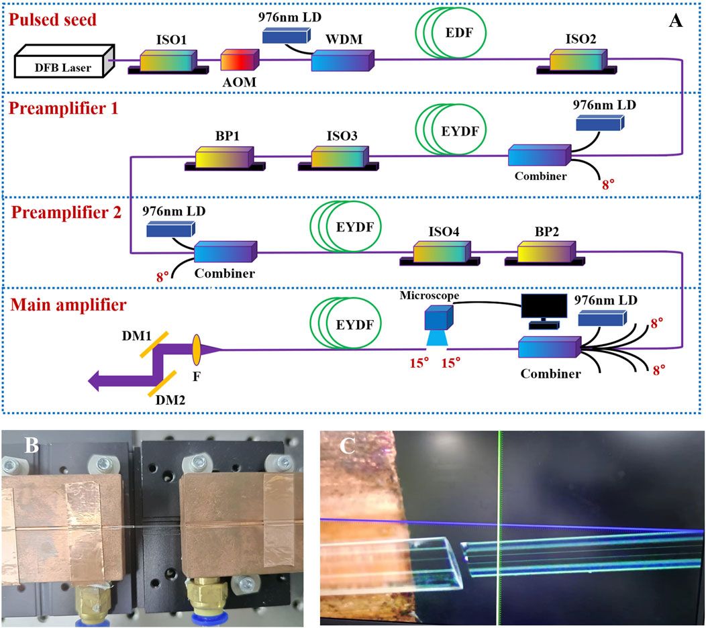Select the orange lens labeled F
pos(197,349)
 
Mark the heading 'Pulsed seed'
pos(53,20)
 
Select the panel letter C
pos(347,446)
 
